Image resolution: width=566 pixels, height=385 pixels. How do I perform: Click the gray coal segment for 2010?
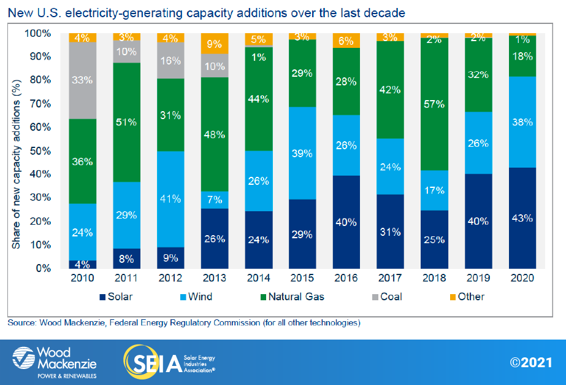coord(83,80)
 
